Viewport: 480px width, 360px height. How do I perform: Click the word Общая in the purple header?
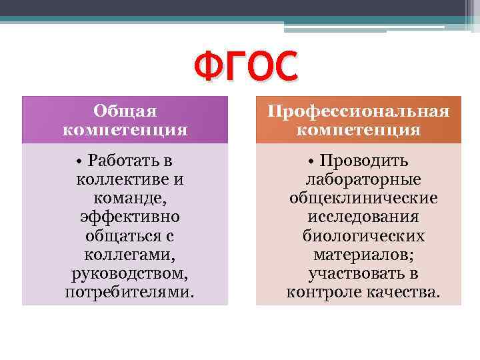click(x=125, y=111)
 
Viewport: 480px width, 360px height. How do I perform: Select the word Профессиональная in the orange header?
click(x=359, y=111)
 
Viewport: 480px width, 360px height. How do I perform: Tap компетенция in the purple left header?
click(x=125, y=129)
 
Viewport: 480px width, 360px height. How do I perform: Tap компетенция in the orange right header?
click(x=359, y=129)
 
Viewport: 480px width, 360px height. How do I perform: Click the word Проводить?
click(x=364, y=161)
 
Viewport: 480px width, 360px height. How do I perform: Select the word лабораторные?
click(x=363, y=179)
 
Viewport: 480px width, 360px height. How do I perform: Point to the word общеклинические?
click(x=363, y=198)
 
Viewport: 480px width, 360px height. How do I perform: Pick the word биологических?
click(x=363, y=236)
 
